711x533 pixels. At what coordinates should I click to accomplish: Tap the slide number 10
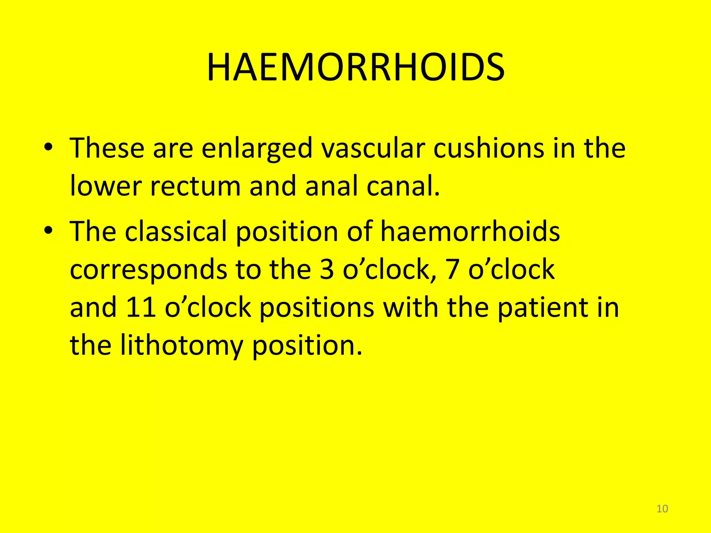click(662, 509)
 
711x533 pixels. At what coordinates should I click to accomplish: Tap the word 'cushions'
click(489, 149)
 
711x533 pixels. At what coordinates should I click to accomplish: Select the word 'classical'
click(176, 231)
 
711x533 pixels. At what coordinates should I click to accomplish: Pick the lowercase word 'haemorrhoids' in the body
click(470, 231)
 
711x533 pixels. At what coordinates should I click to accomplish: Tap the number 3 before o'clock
click(326, 270)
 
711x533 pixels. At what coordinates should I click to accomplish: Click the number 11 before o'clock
click(141, 307)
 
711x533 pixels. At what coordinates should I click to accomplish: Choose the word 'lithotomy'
click(182, 346)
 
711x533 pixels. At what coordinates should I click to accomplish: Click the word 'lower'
click(106, 186)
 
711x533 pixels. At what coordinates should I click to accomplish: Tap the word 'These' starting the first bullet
click(107, 149)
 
